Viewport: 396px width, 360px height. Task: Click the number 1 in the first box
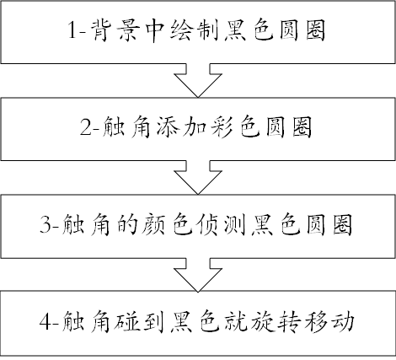(x=72, y=30)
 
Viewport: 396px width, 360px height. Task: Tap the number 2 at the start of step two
(x=86, y=127)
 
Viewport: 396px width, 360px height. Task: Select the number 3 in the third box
(x=45, y=224)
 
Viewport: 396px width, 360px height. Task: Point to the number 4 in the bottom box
(x=45, y=321)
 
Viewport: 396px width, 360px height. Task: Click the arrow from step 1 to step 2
(x=198, y=80)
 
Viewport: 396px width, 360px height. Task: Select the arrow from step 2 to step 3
(x=198, y=177)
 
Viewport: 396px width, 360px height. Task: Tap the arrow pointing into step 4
(x=198, y=275)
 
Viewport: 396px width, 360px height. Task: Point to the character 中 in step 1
(x=156, y=30)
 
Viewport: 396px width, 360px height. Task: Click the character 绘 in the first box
(x=182, y=30)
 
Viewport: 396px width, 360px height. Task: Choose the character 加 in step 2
(x=196, y=127)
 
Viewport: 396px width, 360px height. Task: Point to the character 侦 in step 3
(x=208, y=224)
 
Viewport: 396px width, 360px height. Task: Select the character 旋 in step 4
(x=261, y=321)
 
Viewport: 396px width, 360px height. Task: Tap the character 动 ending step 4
(x=341, y=321)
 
